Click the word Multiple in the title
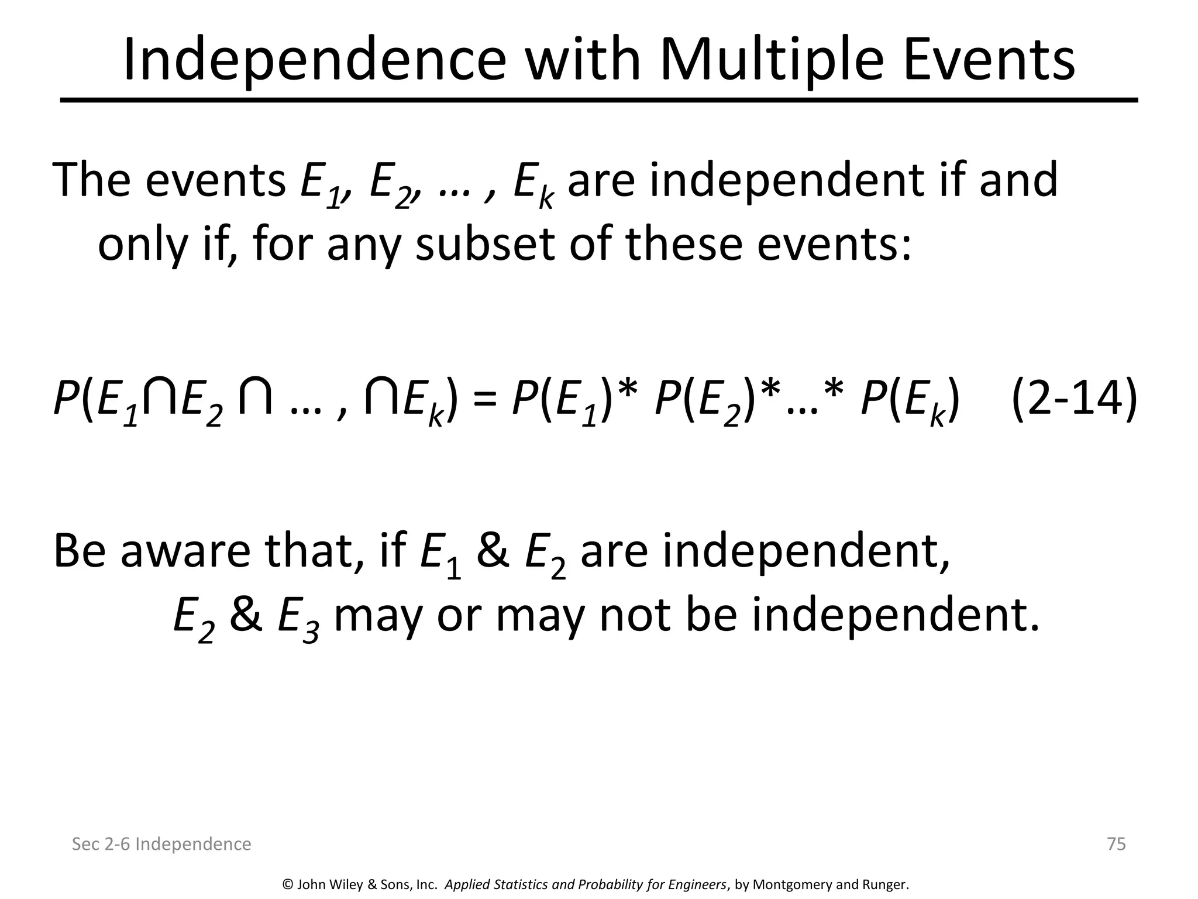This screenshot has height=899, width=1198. tap(772, 60)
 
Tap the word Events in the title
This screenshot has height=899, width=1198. tap(989, 60)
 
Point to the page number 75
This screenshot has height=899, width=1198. tap(1116, 844)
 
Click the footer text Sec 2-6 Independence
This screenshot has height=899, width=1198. tap(161, 844)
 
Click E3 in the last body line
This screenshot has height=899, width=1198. tap(298, 618)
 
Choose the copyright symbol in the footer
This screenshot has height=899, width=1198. tap(287, 884)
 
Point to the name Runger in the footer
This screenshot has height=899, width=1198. tap(884, 885)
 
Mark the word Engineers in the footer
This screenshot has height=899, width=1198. tap(696, 885)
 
